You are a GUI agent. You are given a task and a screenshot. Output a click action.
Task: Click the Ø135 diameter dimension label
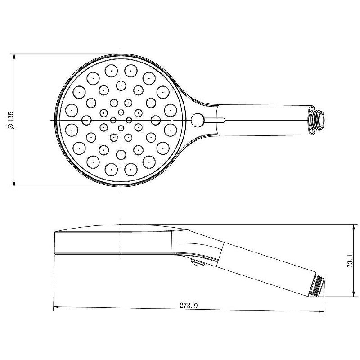click(10, 121)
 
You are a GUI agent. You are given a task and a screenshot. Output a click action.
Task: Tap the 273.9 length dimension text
click(189, 306)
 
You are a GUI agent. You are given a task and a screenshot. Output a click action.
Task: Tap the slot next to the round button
click(214, 120)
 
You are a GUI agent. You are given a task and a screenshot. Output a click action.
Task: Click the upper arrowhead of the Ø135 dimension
click(14, 57)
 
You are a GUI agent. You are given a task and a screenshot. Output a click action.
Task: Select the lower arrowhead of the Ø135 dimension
click(14, 183)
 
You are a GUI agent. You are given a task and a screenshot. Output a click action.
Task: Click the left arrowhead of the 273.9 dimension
click(57, 307)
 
